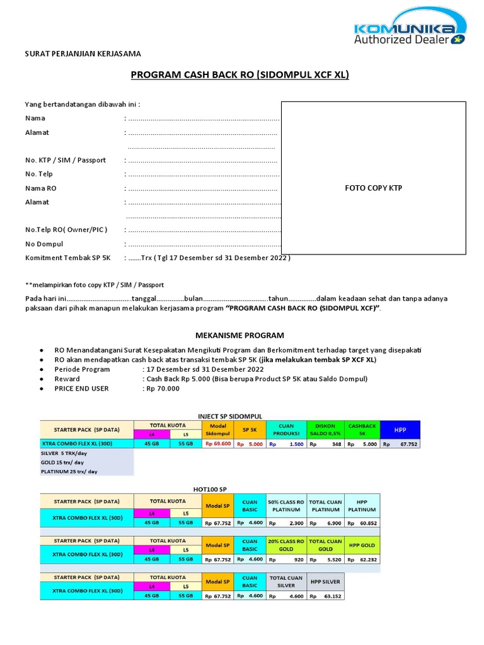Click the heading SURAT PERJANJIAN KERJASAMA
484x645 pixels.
[83, 54]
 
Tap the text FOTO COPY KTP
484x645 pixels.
[373, 188]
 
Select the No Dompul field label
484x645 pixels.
[44, 244]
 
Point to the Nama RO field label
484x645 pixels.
[40, 188]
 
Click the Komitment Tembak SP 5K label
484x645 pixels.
[67, 258]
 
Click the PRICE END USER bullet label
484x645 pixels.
[81, 389]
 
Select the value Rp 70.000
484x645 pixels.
[163, 389]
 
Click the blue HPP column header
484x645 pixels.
[400, 430]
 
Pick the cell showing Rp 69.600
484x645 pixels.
[217, 444]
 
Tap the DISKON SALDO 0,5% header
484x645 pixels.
[325, 430]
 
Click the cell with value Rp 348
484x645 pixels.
[325, 444]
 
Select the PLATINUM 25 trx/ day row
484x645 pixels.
[69, 471]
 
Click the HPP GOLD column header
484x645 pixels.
[362, 545]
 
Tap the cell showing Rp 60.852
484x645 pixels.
[362, 523]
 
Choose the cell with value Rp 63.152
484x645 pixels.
[325, 596]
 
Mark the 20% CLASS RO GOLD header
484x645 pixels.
[285, 545]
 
